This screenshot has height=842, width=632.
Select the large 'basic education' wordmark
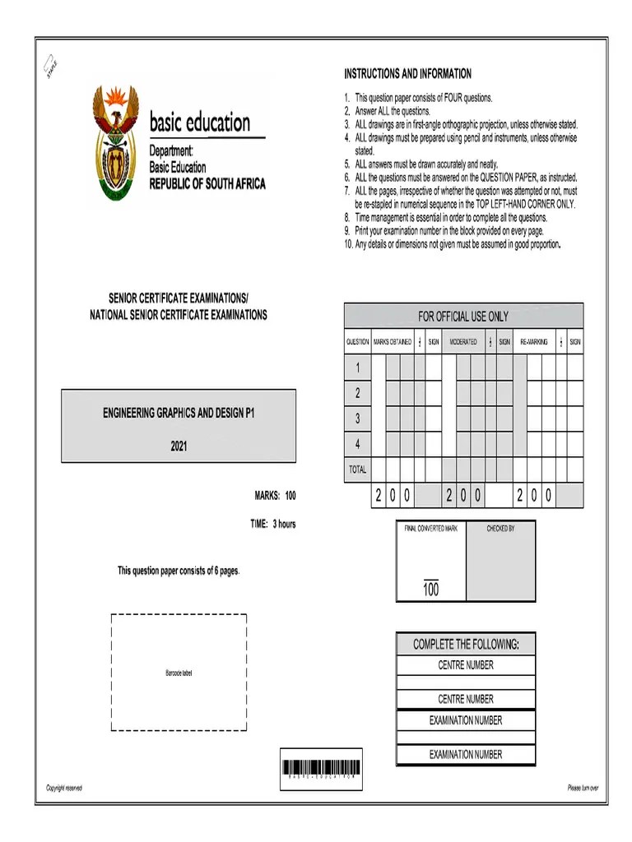[199, 124]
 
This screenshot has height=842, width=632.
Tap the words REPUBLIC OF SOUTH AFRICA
[207, 184]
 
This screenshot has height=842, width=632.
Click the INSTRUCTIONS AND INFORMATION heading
[407, 73]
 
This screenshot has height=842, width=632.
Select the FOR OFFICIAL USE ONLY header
[463, 316]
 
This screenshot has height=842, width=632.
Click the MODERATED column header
[462, 341]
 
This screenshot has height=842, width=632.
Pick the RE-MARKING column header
[534, 341]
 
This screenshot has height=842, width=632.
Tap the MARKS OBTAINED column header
[393, 341]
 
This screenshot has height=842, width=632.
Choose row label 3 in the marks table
[357, 419]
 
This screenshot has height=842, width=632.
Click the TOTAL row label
[357, 470]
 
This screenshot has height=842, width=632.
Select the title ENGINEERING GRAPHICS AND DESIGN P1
[179, 414]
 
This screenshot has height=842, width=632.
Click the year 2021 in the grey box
[179, 446]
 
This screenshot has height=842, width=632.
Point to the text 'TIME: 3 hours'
[272, 524]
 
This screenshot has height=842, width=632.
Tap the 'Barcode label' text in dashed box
[179, 673]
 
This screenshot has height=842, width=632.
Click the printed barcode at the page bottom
[320, 769]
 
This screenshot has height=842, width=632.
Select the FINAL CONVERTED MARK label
[430, 529]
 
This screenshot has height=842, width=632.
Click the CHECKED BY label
[500, 529]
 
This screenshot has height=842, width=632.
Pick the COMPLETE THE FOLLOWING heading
[466, 644]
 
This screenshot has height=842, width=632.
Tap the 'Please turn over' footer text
[582, 789]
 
